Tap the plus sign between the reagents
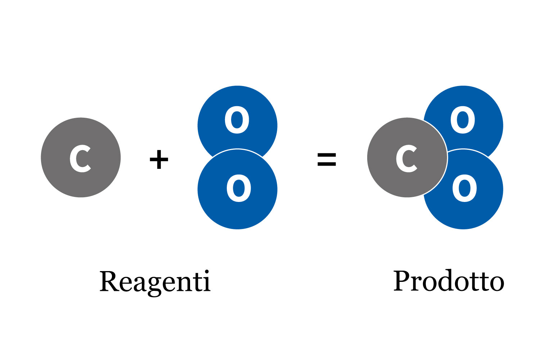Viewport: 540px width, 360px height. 159,160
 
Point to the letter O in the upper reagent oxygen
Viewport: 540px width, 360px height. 237,120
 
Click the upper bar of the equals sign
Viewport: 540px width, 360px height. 327,155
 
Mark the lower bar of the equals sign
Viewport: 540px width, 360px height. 327,164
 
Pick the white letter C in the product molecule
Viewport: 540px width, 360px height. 406,158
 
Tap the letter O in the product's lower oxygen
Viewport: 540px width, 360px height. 464,188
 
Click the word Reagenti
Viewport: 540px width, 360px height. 155,282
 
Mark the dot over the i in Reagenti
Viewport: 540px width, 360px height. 207,272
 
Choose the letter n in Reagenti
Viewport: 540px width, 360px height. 184,283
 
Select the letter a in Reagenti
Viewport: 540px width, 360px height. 140,283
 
